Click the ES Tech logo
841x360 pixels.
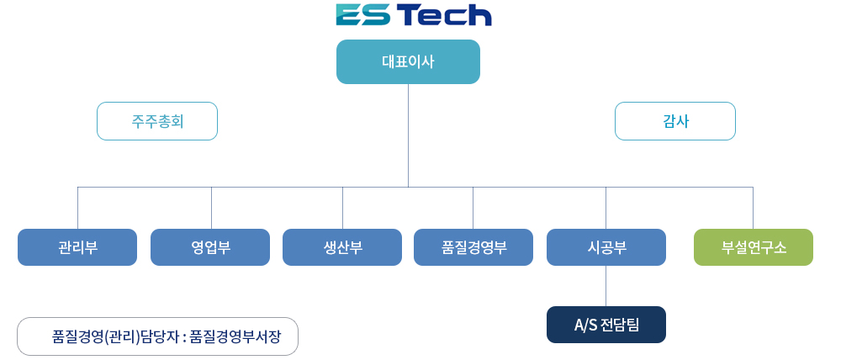click(x=414, y=14)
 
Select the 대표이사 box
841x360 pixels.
click(x=408, y=61)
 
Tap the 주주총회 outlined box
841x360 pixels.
click(x=157, y=121)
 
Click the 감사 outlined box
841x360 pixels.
click(x=675, y=121)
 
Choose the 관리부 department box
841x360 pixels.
click(x=77, y=247)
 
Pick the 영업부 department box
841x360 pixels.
click(x=210, y=247)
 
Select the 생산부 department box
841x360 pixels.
click(x=342, y=247)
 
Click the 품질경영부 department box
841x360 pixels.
click(x=473, y=247)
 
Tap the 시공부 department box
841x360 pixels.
click(x=606, y=247)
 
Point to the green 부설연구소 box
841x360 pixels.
click(x=754, y=247)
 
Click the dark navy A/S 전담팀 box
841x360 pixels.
click(x=606, y=325)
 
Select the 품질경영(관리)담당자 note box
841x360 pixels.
click(x=158, y=336)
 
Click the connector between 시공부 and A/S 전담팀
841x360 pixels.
click(x=606, y=286)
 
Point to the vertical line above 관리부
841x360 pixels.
click(x=77, y=208)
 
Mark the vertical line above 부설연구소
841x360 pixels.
click(x=753, y=208)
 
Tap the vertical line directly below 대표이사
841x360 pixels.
click(x=408, y=135)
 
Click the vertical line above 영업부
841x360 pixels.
click(x=211, y=208)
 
